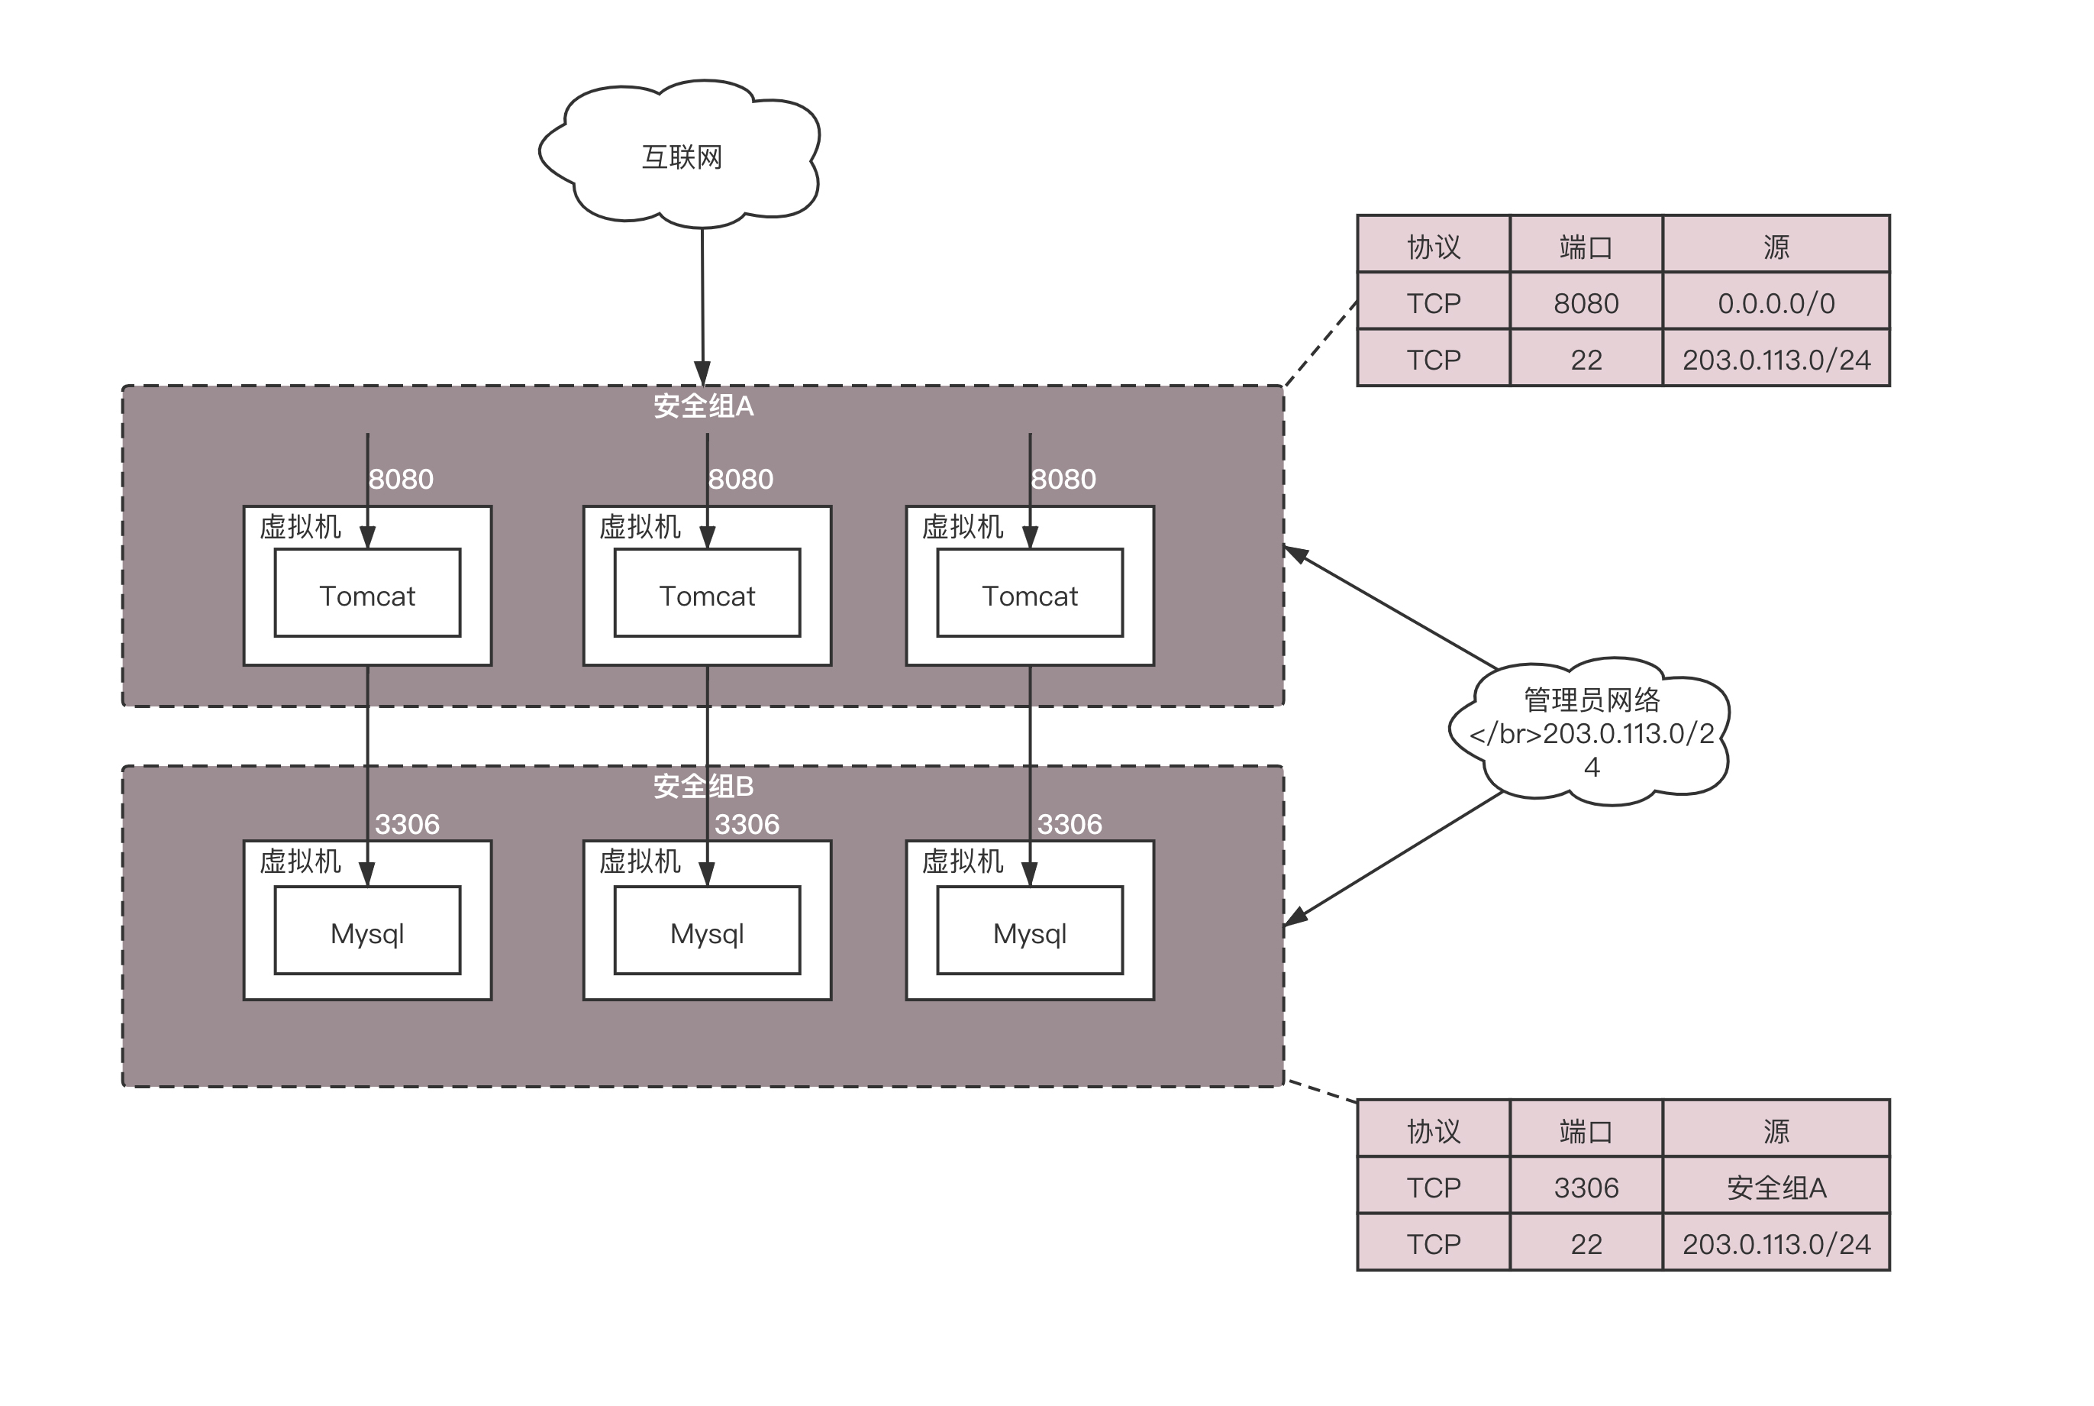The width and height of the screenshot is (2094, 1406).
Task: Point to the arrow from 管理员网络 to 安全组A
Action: pyautogui.click(x=1389, y=608)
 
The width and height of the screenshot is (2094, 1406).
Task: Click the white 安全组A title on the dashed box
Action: pyautogui.click(x=704, y=406)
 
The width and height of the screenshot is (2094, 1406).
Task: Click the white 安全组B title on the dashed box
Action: pyautogui.click(x=704, y=787)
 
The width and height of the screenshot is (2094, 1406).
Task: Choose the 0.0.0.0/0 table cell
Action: pyautogui.click(x=1776, y=303)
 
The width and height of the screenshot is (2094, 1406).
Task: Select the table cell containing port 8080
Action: pyautogui.click(x=1586, y=303)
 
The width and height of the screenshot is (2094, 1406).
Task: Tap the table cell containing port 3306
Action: pyautogui.click(x=1586, y=1188)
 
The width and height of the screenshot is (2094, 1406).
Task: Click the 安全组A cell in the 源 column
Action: pyautogui.click(x=1776, y=1188)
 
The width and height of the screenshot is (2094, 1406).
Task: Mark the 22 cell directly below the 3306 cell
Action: pyautogui.click(x=1586, y=1243)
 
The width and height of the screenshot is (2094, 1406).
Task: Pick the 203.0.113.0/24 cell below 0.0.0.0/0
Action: pyautogui.click(x=1776, y=360)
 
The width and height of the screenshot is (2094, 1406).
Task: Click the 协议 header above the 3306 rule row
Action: pyautogui.click(x=1434, y=1131)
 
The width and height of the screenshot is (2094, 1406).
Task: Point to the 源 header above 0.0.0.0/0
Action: pyautogui.click(x=1776, y=247)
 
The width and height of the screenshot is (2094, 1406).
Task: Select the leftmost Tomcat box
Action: pyautogui.click(x=367, y=594)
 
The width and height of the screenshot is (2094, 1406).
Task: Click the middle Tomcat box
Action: pyautogui.click(x=707, y=594)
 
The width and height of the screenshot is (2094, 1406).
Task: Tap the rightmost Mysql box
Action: pyautogui.click(x=1030, y=932)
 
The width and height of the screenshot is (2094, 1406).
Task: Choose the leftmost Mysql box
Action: pyautogui.click(x=367, y=932)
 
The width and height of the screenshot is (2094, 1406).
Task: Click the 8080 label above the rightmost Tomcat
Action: pyautogui.click(x=1063, y=479)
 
